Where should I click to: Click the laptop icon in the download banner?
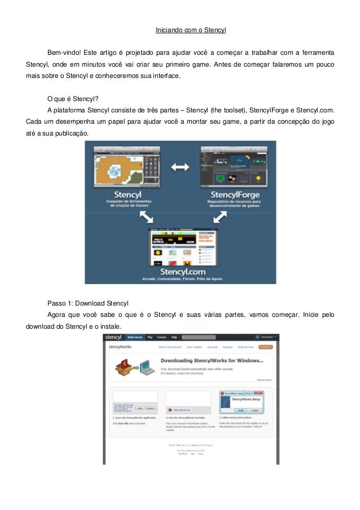146,367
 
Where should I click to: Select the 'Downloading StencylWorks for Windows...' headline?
212,360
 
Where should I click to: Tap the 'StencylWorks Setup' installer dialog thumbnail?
243,401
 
